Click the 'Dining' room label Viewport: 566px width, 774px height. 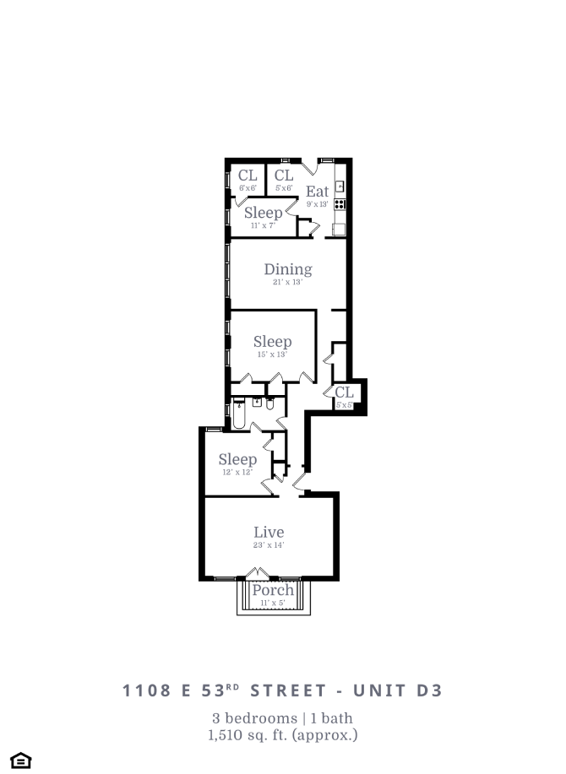[288, 269]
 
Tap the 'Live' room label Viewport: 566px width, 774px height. [269, 533]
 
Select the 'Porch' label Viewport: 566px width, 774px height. [273, 590]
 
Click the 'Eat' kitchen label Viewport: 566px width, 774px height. [317, 192]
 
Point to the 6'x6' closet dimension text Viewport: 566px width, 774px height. [247, 187]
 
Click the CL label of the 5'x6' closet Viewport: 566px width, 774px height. [284, 176]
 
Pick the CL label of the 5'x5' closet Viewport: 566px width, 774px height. [344, 392]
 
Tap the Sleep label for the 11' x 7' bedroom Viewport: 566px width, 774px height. [263, 213]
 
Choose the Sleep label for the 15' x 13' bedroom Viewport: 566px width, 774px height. [272, 342]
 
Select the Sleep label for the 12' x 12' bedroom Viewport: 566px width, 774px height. [237, 460]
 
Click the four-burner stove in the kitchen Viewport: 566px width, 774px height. [340, 204]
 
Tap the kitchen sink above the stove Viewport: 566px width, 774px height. [340, 187]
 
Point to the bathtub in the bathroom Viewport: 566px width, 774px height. [238, 415]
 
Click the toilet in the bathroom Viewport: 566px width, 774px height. [270, 403]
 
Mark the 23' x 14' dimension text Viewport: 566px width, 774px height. [269, 545]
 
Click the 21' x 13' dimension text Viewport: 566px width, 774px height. [287, 282]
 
